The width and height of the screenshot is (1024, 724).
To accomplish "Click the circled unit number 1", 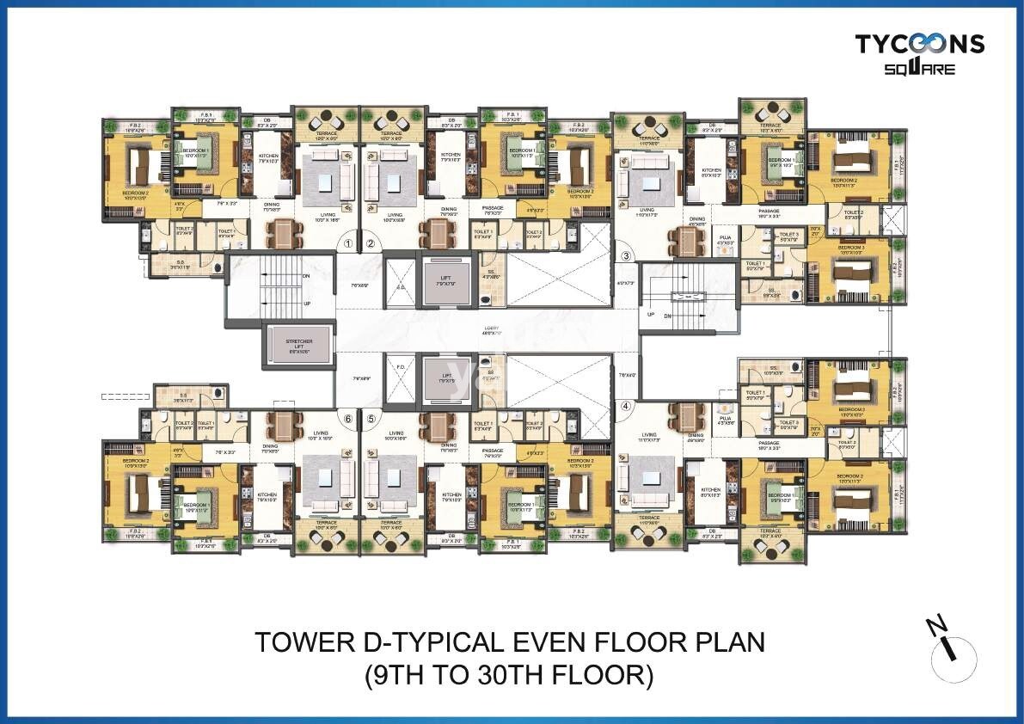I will point(347,244).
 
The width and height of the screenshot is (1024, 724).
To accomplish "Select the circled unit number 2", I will point(371,244).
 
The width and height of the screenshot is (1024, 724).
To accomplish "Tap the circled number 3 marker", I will point(627,255).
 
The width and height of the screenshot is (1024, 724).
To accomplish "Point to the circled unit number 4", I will point(627,407).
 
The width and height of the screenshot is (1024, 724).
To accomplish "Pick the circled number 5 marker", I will point(371,419).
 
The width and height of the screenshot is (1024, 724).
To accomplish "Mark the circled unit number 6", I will point(347,419).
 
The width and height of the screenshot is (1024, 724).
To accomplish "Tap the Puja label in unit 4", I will point(725,419).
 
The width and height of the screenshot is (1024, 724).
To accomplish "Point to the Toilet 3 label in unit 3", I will point(789,236).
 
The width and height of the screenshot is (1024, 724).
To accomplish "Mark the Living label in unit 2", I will point(395,216).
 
